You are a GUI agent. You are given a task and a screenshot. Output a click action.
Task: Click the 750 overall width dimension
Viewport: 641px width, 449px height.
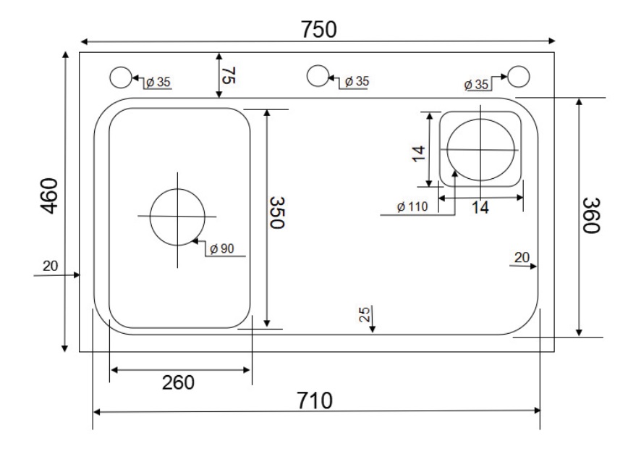click(320, 29)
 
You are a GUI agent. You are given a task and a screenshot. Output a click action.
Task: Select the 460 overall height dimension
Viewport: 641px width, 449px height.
click(50, 197)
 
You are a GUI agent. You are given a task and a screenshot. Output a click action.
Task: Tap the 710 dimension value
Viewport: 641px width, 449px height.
click(315, 400)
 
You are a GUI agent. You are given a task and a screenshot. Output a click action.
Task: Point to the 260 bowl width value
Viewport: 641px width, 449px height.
click(178, 382)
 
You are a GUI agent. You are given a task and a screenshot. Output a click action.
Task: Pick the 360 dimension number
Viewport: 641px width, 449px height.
click(591, 215)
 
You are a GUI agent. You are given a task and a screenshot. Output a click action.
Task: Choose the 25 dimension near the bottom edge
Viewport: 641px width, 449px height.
click(365, 314)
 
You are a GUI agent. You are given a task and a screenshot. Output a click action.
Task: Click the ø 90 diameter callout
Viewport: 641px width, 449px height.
click(221, 249)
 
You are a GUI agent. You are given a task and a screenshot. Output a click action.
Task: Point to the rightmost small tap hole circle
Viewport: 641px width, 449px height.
click(518, 76)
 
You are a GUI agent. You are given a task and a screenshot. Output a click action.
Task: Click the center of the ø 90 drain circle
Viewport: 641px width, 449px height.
click(177, 217)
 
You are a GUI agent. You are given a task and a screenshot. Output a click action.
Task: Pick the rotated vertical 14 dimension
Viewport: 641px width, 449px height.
click(417, 154)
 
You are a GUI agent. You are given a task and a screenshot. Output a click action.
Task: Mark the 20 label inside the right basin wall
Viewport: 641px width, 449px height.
click(522, 257)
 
